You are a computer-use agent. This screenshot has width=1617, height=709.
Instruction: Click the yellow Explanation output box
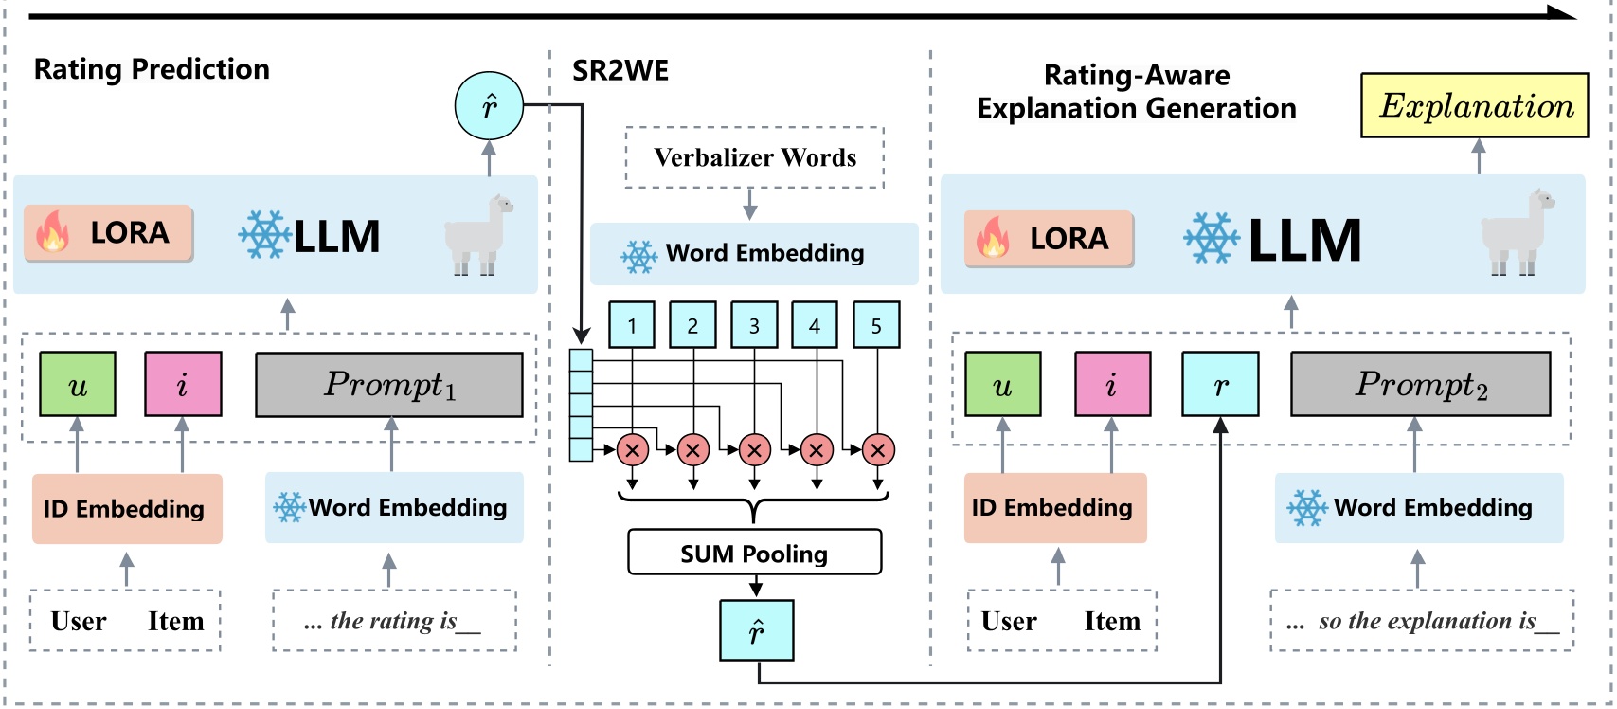tap(1474, 105)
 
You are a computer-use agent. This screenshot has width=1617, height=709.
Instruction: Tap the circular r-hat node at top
tap(489, 105)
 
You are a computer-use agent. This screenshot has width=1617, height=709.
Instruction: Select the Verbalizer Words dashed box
tap(754, 157)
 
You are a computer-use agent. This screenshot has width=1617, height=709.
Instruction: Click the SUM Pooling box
tap(754, 553)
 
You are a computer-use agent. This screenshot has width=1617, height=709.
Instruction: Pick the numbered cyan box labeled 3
tap(754, 325)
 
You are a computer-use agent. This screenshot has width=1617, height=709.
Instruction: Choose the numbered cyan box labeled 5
tap(876, 325)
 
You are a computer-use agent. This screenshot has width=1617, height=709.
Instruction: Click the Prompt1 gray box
tap(389, 385)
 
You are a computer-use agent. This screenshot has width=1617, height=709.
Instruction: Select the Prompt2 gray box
tap(1420, 384)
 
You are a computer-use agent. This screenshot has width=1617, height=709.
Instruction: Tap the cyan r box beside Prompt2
tap(1220, 384)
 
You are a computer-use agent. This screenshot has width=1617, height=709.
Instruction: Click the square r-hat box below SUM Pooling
tap(756, 630)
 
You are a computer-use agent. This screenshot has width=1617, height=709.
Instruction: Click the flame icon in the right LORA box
tap(992, 238)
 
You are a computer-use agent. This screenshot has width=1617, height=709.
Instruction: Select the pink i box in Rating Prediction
tap(183, 384)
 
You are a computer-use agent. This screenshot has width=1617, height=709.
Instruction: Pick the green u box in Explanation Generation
tap(1002, 384)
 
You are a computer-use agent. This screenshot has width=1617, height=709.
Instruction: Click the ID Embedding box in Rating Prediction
tap(127, 509)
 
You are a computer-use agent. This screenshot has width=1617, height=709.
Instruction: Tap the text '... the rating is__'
tap(393, 621)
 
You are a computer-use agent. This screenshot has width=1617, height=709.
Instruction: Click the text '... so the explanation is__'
tap(1422, 621)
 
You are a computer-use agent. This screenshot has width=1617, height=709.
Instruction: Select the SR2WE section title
tap(620, 71)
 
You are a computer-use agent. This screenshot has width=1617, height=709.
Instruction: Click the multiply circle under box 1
tap(632, 450)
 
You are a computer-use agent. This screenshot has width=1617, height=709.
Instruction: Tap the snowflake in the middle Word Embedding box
tap(638, 256)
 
